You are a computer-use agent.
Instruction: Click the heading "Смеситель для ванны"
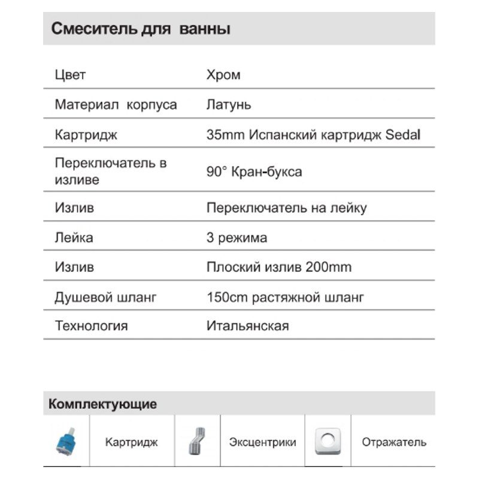click(x=141, y=29)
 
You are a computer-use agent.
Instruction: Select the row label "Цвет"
click(x=70, y=75)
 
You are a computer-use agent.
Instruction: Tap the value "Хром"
click(x=223, y=75)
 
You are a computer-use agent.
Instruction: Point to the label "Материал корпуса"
click(x=116, y=105)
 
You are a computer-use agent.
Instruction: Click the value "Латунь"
click(x=229, y=105)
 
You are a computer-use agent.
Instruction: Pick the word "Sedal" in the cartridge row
click(x=403, y=135)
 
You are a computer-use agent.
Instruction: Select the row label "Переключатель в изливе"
click(x=111, y=171)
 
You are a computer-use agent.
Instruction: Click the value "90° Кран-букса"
click(x=254, y=172)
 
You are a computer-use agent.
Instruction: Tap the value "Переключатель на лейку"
click(x=286, y=208)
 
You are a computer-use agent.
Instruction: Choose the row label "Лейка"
click(x=74, y=238)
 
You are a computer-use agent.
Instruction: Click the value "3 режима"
click(x=237, y=238)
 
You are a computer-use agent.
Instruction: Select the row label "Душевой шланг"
click(x=105, y=297)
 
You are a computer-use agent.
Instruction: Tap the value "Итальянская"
click(x=247, y=326)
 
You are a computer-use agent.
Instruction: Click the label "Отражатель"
click(x=394, y=442)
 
